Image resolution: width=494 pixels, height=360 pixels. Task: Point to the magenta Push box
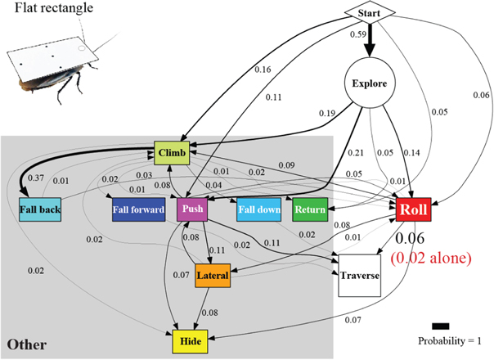[191, 209]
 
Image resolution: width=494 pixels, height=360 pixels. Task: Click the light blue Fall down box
[260, 209]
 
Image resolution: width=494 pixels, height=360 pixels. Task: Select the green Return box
[310, 209]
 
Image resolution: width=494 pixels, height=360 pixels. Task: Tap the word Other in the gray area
[25, 344]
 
